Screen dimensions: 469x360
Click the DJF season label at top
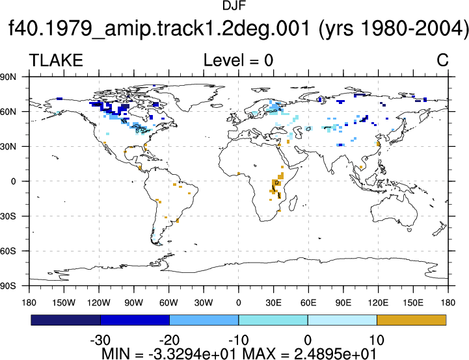(x=234, y=5)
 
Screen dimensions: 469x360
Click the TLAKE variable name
(x=56, y=60)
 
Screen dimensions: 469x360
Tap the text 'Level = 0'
(x=238, y=60)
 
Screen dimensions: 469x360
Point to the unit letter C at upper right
(x=442, y=60)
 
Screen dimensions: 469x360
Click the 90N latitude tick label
(x=8, y=77)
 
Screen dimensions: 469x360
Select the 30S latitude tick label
(x=8, y=216)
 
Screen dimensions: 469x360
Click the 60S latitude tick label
(x=8, y=251)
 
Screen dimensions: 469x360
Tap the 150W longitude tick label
(x=64, y=303)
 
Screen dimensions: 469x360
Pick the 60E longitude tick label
(x=308, y=303)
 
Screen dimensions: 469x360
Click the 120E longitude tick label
(x=378, y=303)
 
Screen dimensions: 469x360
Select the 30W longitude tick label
(x=204, y=303)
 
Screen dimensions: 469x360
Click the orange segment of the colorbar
(x=412, y=320)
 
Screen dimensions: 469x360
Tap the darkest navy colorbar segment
(x=66, y=320)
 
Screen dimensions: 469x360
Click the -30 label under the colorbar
(x=100, y=340)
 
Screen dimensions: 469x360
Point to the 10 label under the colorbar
(x=377, y=340)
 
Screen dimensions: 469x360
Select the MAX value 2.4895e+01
(x=335, y=354)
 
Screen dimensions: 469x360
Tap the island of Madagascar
(x=293, y=203)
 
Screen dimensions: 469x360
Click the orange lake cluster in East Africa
(x=276, y=185)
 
